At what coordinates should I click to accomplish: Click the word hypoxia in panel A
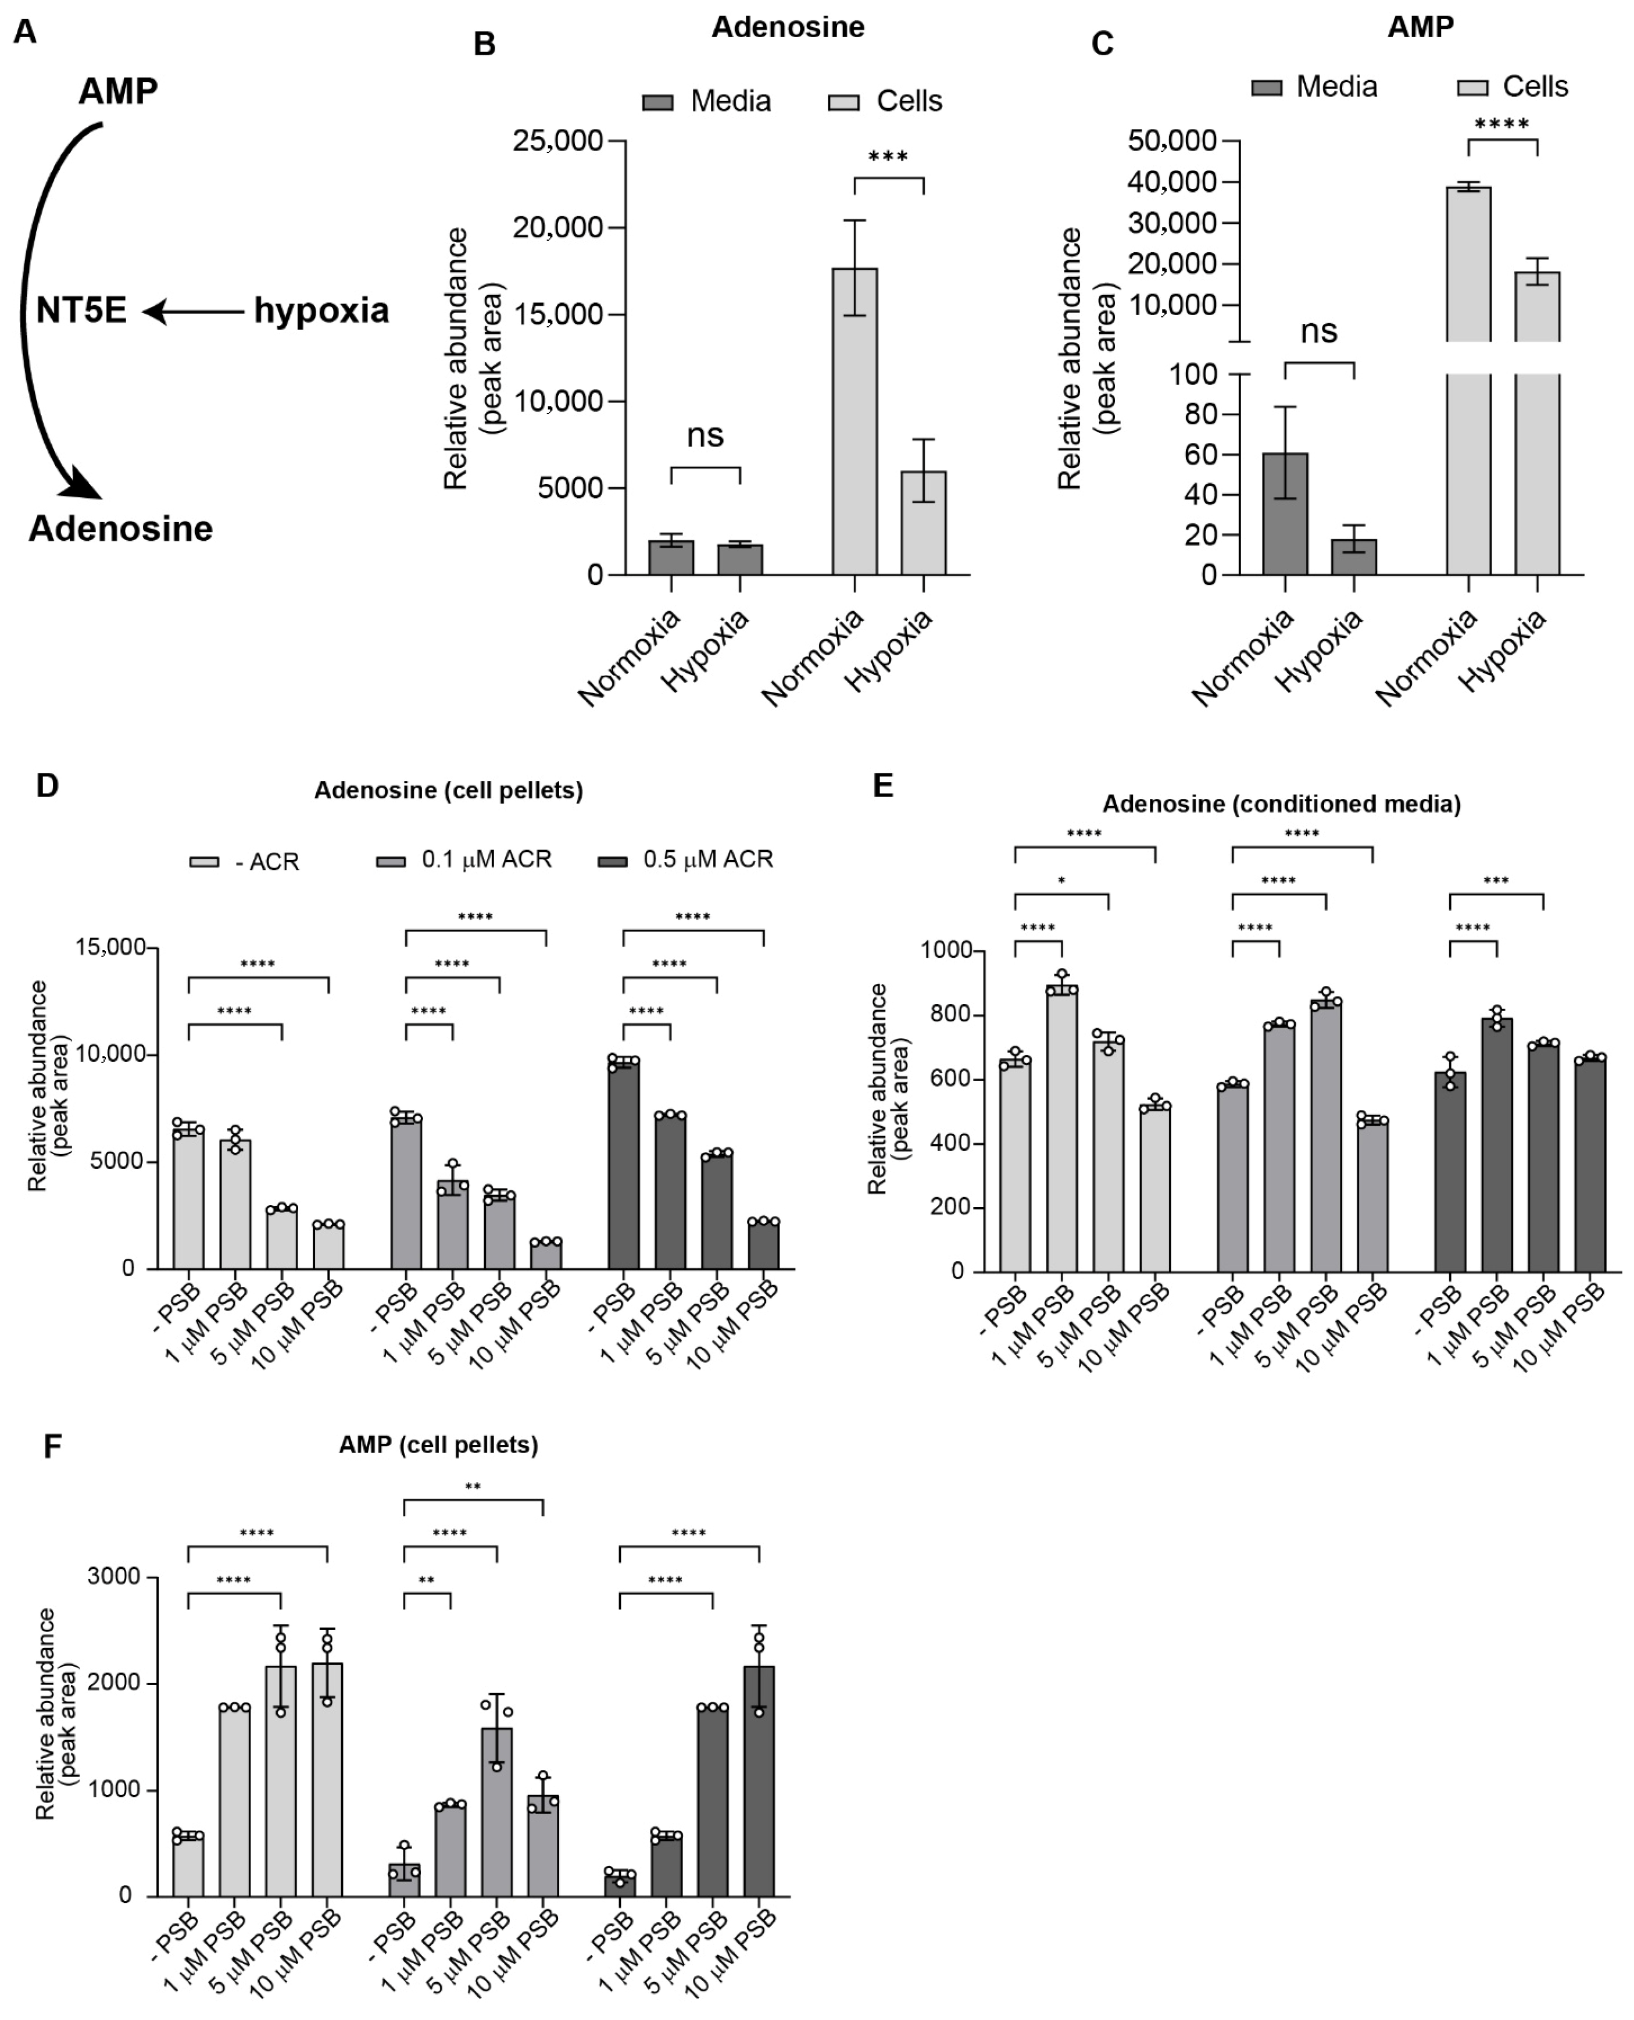[x=321, y=311]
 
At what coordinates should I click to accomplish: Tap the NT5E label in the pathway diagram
[x=82, y=311]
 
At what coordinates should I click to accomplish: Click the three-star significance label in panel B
[x=888, y=157]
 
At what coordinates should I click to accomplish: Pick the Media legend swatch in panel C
[x=1266, y=88]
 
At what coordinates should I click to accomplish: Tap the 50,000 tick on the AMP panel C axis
[x=1172, y=141]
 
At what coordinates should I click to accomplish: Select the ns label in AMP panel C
[x=1319, y=331]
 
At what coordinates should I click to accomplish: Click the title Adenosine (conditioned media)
[x=1281, y=804]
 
